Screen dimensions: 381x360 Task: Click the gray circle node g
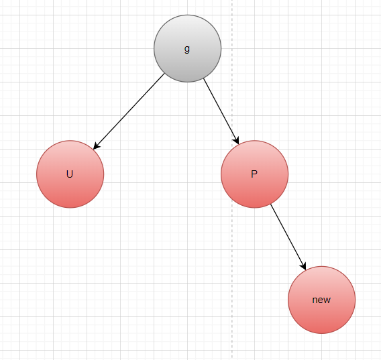click(x=187, y=48)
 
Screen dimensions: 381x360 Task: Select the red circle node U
click(x=70, y=174)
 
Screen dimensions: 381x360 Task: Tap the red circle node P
click(x=254, y=174)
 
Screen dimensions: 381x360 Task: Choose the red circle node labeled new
click(x=322, y=300)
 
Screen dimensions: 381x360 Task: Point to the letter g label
click(x=187, y=49)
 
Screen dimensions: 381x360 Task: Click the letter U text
click(x=70, y=174)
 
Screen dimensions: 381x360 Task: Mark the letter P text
click(x=254, y=174)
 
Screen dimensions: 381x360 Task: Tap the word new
click(x=321, y=300)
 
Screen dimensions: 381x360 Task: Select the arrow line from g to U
click(x=129, y=111)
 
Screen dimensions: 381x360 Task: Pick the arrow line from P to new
click(x=288, y=237)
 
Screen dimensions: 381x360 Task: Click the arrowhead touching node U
click(x=96, y=146)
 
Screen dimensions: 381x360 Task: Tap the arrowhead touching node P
click(x=237, y=141)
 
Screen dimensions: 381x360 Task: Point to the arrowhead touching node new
click(x=304, y=266)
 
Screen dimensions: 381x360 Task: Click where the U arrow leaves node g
click(x=164, y=74)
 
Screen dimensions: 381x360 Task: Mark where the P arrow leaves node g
click(x=204, y=78)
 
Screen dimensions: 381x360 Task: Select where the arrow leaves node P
click(x=271, y=204)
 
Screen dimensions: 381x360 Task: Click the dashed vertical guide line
click(x=232, y=180)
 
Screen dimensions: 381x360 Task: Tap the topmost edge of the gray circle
click(x=187, y=15)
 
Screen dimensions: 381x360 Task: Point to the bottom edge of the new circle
click(x=322, y=334)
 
